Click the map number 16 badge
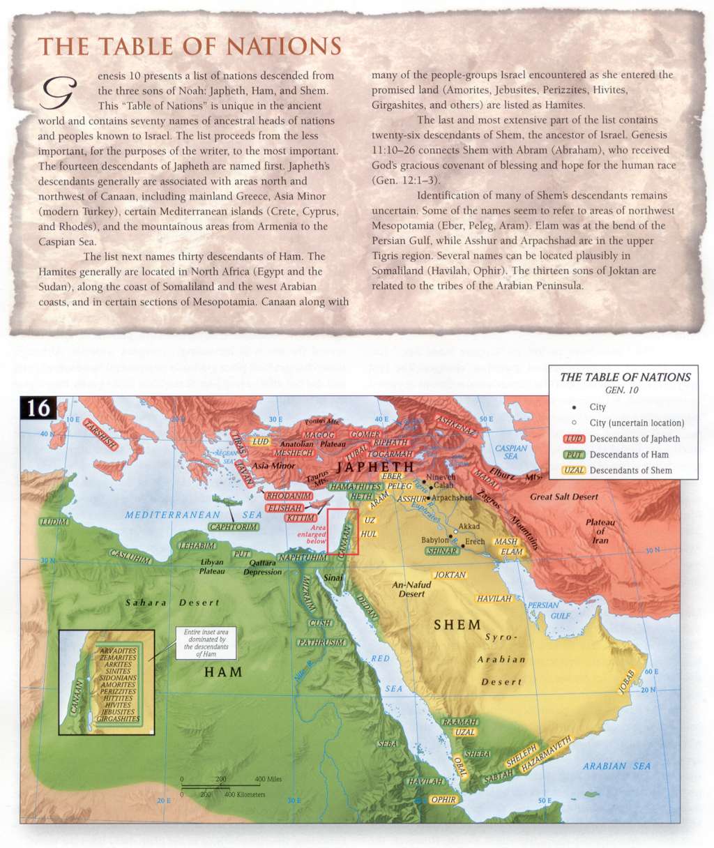[38, 407]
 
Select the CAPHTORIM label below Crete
[234, 527]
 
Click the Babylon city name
[435, 540]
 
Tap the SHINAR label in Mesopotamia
[441, 551]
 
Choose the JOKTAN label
[450, 575]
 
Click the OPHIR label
[443, 800]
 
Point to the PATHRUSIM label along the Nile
[321, 642]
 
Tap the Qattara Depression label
[263, 568]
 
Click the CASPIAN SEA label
[510, 452]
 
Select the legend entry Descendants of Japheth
[634, 439]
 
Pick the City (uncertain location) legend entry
[636, 423]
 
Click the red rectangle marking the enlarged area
[342, 531]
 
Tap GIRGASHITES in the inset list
[117, 718]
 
